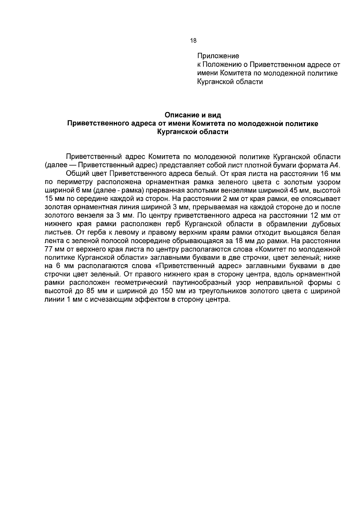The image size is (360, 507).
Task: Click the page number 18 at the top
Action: tap(193, 41)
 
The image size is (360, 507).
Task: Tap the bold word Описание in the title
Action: tap(180, 115)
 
